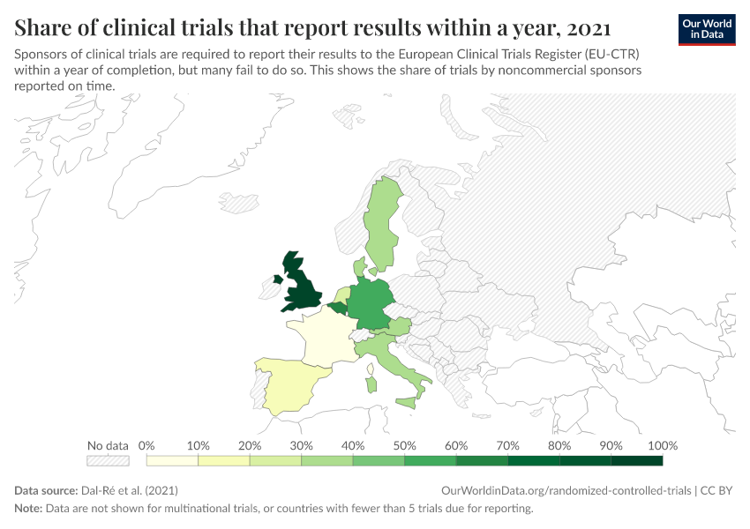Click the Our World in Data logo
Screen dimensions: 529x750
(707, 29)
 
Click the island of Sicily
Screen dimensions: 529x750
(406, 403)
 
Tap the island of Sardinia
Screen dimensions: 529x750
(371, 385)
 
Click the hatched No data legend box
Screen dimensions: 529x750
(108, 460)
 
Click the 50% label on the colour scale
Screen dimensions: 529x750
(404, 445)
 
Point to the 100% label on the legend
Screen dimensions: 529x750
(663, 445)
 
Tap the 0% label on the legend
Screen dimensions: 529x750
(147, 445)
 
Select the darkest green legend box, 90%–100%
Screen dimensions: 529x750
(636, 460)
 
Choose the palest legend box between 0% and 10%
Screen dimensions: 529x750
(172, 460)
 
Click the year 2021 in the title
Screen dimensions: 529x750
(588, 27)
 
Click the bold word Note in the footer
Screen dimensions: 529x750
(29, 509)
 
